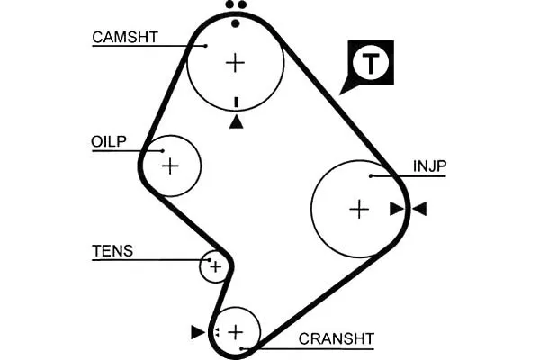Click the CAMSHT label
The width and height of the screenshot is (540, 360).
[x=125, y=37]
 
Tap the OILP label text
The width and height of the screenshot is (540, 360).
[x=109, y=141]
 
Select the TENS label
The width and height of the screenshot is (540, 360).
[x=112, y=251]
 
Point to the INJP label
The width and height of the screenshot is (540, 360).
[x=429, y=166]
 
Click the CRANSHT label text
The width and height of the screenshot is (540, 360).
[x=336, y=339]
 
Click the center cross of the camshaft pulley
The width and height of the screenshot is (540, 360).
[x=235, y=63]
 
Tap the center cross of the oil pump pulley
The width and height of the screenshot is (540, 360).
[x=170, y=166]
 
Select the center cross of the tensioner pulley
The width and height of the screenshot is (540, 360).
[x=216, y=266]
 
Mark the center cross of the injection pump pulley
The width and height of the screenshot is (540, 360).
[x=359, y=209]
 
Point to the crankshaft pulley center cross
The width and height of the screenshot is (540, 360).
[x=236, y=332]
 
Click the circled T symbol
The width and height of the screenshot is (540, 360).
[x=371, y=63]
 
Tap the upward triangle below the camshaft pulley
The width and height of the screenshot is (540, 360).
[x=236, y=122]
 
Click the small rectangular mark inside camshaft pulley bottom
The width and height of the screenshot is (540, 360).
[x=236, y=103]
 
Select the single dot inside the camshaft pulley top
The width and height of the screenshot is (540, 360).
[x=236, y=23]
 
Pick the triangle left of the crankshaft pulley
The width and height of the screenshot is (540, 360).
[x=198, y=332]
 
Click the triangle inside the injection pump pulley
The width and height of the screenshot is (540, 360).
[x=397, y=209]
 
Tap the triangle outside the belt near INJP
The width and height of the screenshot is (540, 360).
[x=419, y=209]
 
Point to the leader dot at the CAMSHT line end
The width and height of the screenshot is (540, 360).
[x=206, y=46]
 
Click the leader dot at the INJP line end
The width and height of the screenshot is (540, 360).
[x=371, y=176]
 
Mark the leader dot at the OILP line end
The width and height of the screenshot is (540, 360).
[x=163, y=151]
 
